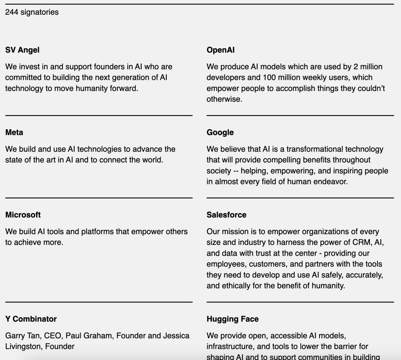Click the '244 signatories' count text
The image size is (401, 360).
click(32, 12)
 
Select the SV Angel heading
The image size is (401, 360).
click(22, 50)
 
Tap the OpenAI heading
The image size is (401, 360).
click(221, 50)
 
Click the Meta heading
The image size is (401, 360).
click(14, 132)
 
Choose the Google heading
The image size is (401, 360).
click(220, 132)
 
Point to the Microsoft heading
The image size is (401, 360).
click(23, 215)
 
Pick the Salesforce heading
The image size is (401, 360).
click(227, 215)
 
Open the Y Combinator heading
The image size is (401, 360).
click(31, 319)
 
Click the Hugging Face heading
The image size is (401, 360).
click(233, 319)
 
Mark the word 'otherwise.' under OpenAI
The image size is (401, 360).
click(225, 99)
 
